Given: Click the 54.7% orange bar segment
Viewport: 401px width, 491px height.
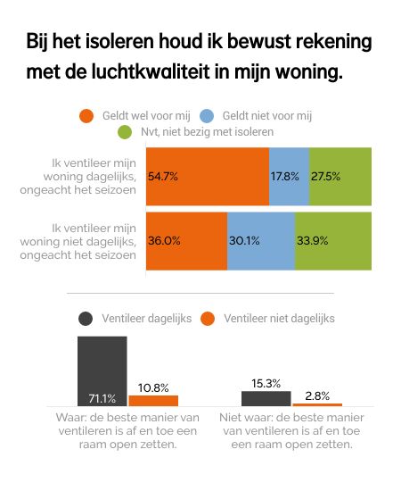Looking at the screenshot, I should click(x=207, y=176).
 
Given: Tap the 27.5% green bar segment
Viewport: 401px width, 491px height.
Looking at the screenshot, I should click(x=340, y=176).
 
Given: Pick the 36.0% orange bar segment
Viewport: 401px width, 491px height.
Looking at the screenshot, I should click(x=186, y=240).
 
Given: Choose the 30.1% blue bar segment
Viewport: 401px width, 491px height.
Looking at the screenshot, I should click(x=261, y=240).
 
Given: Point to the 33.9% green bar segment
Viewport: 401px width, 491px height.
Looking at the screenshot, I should click(x=332, y=240).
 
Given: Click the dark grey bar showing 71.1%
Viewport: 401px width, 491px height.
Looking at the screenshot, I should click(x=102, y=370).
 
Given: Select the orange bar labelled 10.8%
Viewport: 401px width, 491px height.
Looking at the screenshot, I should click(x=153, y=400).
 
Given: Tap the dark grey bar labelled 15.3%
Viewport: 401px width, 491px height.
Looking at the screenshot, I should click(x=266, y=398).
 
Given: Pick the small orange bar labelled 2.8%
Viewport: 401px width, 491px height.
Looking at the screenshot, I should click(x=317, y=404).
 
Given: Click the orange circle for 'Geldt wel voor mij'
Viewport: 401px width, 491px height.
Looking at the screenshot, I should click(x=86, y=115).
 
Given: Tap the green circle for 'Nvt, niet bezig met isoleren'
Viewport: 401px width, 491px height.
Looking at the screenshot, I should click(x=126, y=132).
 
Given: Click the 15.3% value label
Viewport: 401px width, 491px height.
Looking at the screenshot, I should click(x=266, y=383).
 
